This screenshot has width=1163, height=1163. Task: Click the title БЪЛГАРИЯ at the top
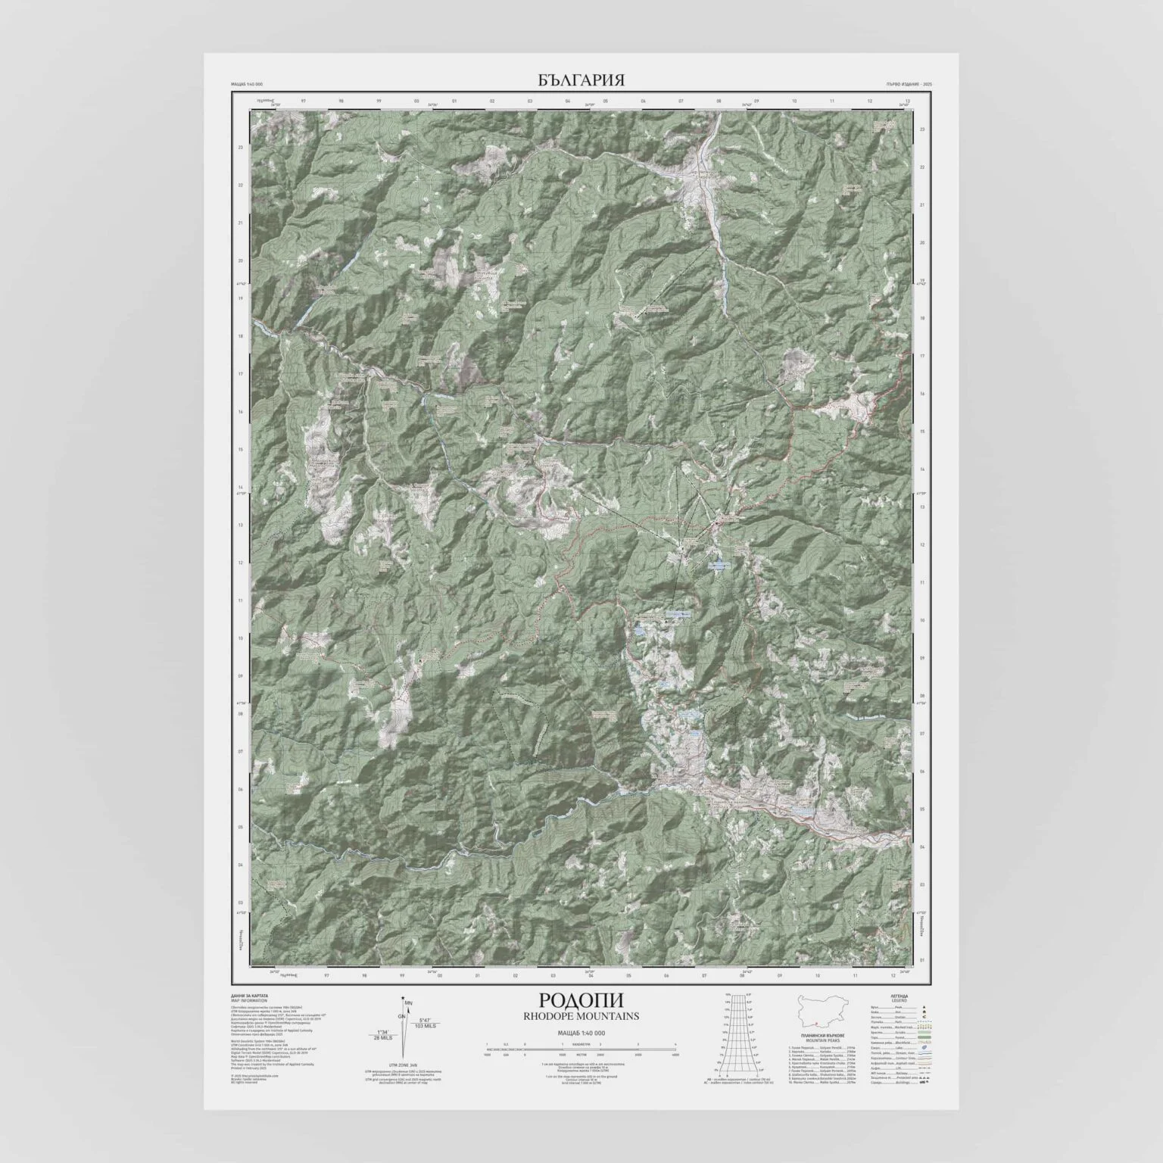[581, 80]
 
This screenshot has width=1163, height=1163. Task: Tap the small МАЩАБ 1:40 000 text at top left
[247, 83]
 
